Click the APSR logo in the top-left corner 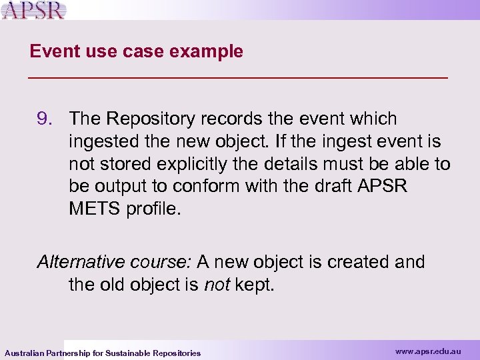pos(33,11)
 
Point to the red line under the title pos(239,78)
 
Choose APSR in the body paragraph pos(383,187)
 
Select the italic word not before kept pos(217,285)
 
